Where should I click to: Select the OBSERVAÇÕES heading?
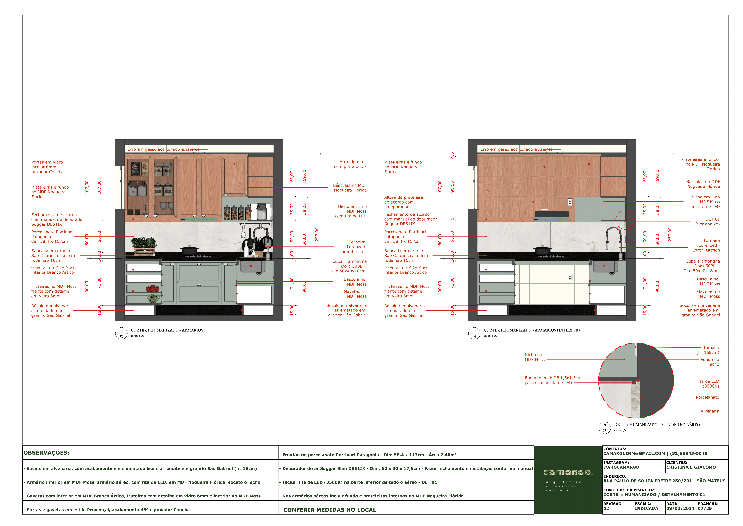tap(46, 453)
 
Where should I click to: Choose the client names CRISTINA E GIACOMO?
tap(691, 467)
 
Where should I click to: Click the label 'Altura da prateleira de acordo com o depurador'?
tap(404, 202)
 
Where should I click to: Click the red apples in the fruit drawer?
tap(152, 289)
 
